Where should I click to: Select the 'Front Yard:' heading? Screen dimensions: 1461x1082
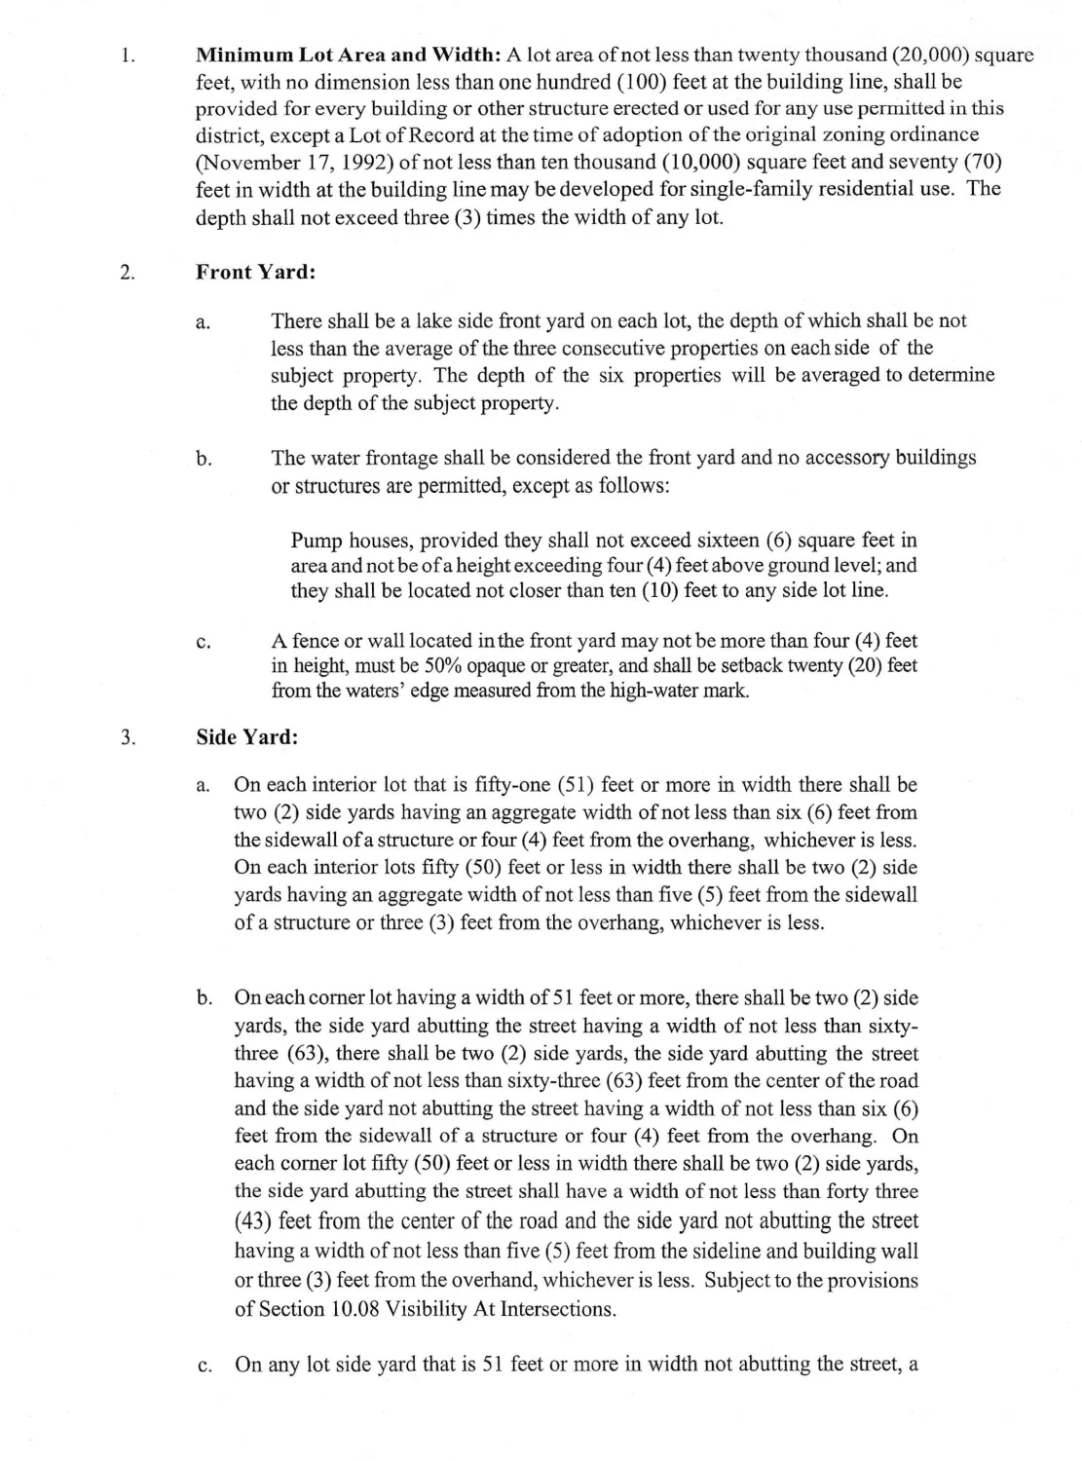pos(255,273)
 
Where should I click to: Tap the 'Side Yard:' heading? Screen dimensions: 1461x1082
pos(246,737)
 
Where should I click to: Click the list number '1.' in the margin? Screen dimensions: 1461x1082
pos(127,56)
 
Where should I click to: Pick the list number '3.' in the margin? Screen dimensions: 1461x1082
pos(127,737)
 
